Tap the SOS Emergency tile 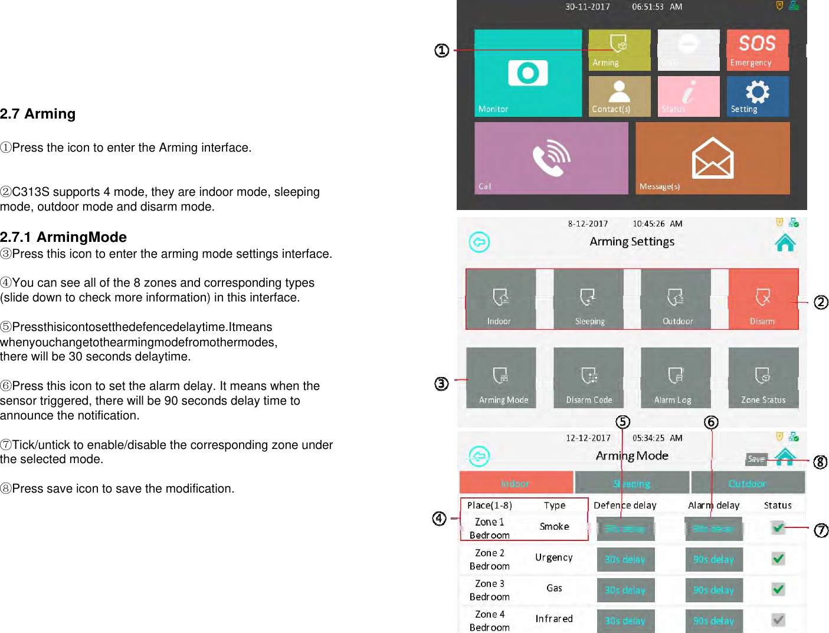(x=757, y=50)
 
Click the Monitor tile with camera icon (x=527, y=73)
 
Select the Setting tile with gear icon (x=757, y=96)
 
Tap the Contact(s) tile (x=619, y=96)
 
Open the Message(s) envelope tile (x=712, y=158)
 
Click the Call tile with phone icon (x=551, y=158)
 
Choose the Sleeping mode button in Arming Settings (x=588, y=299)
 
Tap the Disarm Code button (x=588, y=378)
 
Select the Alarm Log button (x=675, y=378)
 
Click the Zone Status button (x=763, y=378)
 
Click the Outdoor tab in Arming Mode (x=747, y=483)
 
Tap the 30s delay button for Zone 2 (x=625, y=559)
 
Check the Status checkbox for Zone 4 (x=778, y=619)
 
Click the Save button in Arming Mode (x=756, y=459)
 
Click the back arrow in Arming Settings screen (x=479, y=242)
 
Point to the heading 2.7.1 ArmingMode (x=64, y=237)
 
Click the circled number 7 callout (x=821, y=530)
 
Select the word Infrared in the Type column (x=553, y=618)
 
